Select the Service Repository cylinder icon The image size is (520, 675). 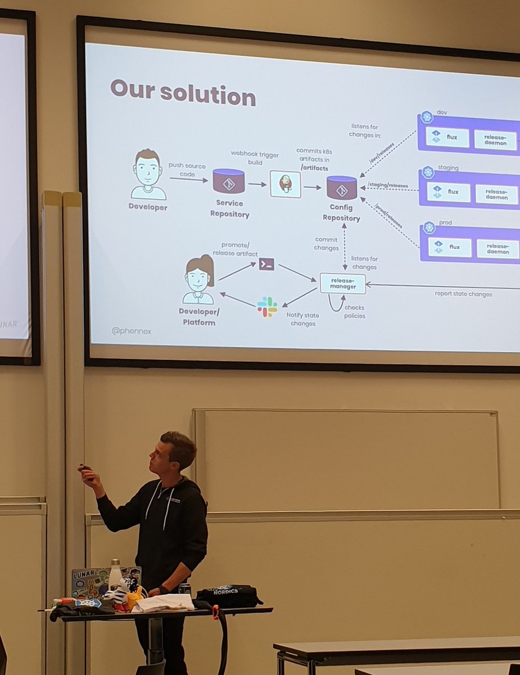click(x=228, y=181)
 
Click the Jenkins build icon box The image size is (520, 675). click(x=285, y=184)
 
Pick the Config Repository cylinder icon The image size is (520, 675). click(x=342, y=187)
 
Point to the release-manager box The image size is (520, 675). click(x=342, y=282)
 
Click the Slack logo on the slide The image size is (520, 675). click(x=267, y=307)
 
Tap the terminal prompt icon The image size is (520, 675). click(x=266, y=264)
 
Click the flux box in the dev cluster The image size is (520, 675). click(x=447, y=137)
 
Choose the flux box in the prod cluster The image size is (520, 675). click(x=450, y=247)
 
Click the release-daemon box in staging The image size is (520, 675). click(x=496, y=194)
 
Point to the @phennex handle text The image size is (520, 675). click(x=132, y=331)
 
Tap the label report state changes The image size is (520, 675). click(x=463, y=294)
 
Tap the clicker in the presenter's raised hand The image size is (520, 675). click(x=85, y=467)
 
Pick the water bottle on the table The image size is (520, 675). click(x=115, y=575)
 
